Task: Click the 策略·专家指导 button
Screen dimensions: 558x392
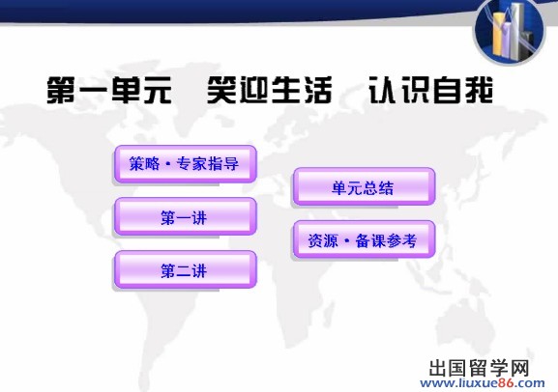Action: tap(185, 164)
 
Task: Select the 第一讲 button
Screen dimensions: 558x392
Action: tap(185, 217)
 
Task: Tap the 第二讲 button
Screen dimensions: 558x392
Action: tap(185, 269)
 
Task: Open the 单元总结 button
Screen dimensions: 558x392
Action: tap(364, 187)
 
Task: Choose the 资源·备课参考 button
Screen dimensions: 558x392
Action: tap(364, 239)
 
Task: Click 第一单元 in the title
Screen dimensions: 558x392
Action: tap(109, 90)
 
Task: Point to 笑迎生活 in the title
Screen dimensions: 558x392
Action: tap(270, 90)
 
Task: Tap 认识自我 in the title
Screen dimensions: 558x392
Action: tap(430, 90)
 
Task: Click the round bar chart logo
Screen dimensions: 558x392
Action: tap(510, 32)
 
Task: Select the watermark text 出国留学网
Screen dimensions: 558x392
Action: tap(480, 368)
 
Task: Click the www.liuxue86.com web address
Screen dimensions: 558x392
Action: tap(483, 383)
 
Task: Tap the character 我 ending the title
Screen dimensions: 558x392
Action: tap(478, 90)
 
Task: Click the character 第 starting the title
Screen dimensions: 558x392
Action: tap(61, 90)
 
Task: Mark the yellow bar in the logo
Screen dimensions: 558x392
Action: tap(497, 33)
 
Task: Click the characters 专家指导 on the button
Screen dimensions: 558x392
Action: tap(208, 164)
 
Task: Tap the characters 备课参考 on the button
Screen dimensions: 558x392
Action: tap(386, 240)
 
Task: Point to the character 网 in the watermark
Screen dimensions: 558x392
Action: tap(520, 368)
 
